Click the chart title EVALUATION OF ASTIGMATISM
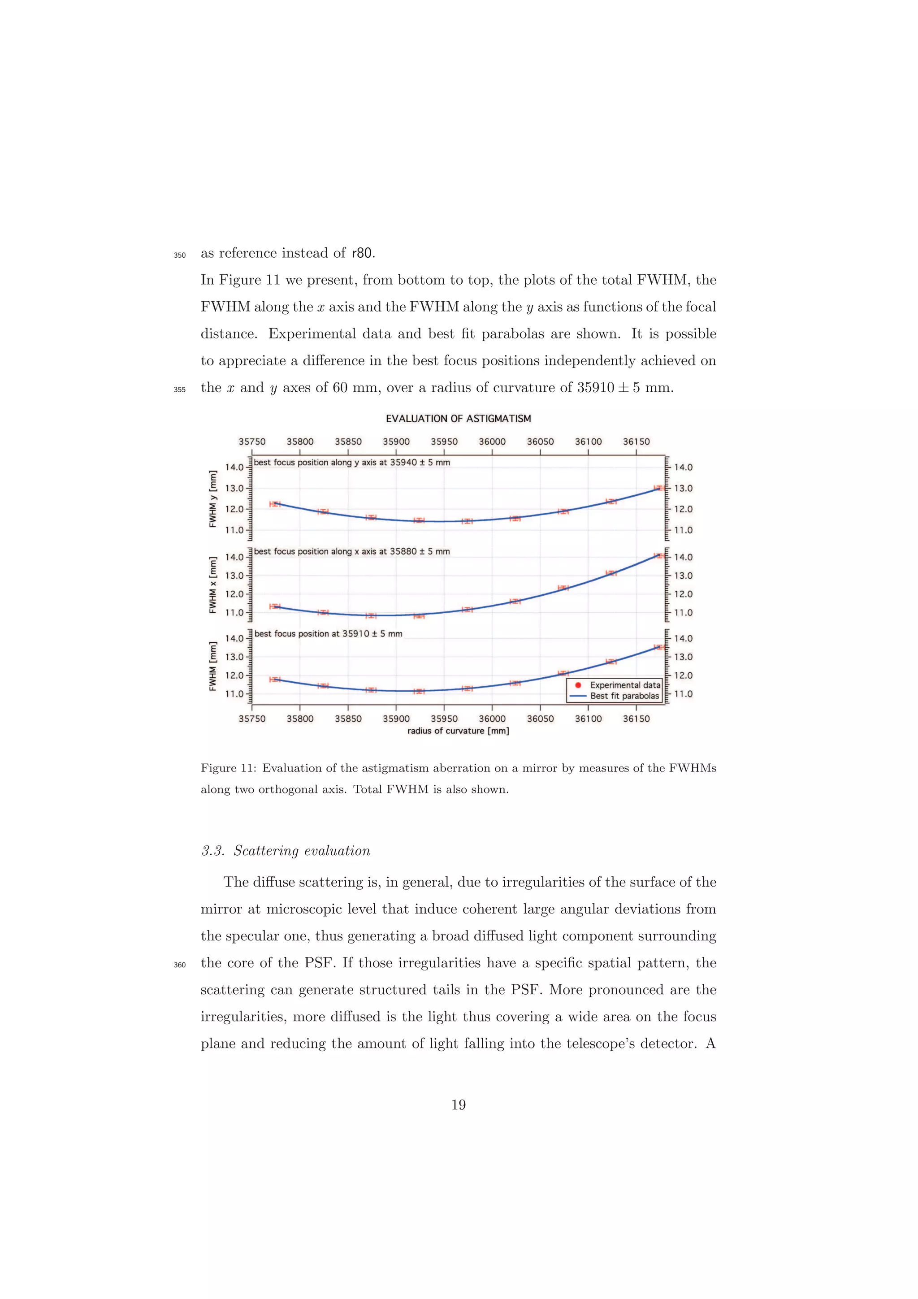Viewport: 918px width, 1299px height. point(458,419)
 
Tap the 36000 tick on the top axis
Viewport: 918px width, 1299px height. point(492,442)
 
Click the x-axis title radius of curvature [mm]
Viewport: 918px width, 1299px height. point(458,731)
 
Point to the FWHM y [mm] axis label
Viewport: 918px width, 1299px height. point(213,498)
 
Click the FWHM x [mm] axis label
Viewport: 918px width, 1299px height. point(213,585)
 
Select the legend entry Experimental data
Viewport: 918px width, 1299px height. point(624,685)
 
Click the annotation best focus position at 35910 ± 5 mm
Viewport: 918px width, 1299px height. point(328,634)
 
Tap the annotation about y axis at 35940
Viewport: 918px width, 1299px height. point(352,462)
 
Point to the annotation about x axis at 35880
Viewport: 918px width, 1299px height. point(352,552)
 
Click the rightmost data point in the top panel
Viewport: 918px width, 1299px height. point(659,488)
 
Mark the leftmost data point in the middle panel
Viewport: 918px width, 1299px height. point(275,606)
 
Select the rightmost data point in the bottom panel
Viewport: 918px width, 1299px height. point(659,647)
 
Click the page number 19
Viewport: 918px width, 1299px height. point(458,1104)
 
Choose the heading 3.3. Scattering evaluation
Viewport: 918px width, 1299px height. point(286,851)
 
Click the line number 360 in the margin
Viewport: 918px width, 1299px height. point(179,965)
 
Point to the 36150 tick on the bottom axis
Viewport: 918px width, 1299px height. point(637,719)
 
